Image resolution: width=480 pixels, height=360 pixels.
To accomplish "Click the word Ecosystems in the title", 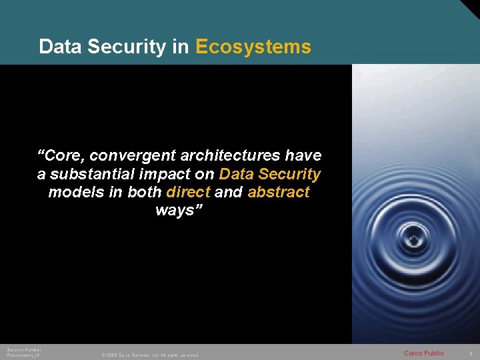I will coord(253,47).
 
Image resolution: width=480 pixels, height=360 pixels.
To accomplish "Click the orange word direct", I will coord(189,193).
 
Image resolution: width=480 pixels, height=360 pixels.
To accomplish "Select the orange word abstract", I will coord(279,193).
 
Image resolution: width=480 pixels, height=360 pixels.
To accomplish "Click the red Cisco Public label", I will coord(424,353).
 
